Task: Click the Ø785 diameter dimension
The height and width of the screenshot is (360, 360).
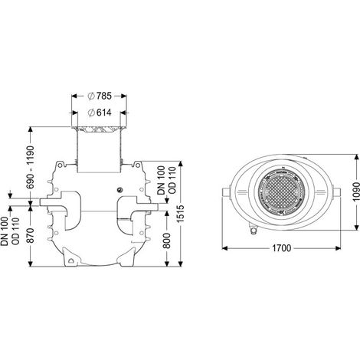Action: (x=100, y=96)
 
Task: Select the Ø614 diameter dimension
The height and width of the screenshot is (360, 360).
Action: (x=100, y=113)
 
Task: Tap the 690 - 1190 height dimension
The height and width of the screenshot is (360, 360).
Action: (x=31, y=167)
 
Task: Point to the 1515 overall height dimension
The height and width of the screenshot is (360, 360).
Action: (x=181, y=214)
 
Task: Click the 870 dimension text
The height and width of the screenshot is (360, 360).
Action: (x=31, y=235)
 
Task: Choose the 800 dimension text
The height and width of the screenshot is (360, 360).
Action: (x=166, y=241)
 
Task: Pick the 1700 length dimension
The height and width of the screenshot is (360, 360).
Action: (x=281, y=248)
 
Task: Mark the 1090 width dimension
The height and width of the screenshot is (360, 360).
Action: (x=356, y=191)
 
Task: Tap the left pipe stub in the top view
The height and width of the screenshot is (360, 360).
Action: (x=226, y=192)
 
